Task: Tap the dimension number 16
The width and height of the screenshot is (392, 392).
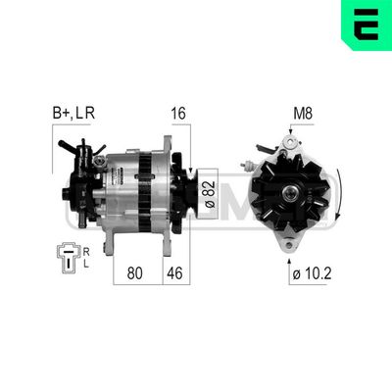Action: click(x=176, y=116)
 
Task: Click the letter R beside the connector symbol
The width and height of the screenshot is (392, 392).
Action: click(x=86, y=249)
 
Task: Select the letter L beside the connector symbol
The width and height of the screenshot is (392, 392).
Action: click(x=86, y=265)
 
